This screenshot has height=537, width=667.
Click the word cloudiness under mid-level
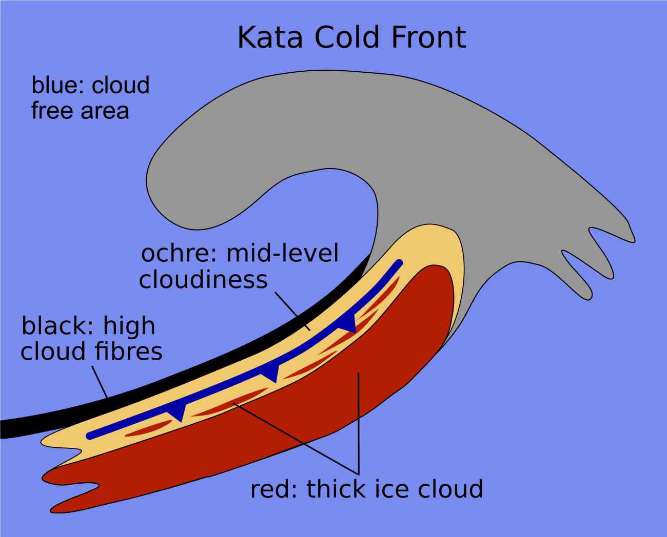coord(203,280)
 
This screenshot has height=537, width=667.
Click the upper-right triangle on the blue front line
coord(349,324)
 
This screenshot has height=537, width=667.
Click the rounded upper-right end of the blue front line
coord(399,263)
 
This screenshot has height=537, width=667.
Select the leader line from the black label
coord(100,381)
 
